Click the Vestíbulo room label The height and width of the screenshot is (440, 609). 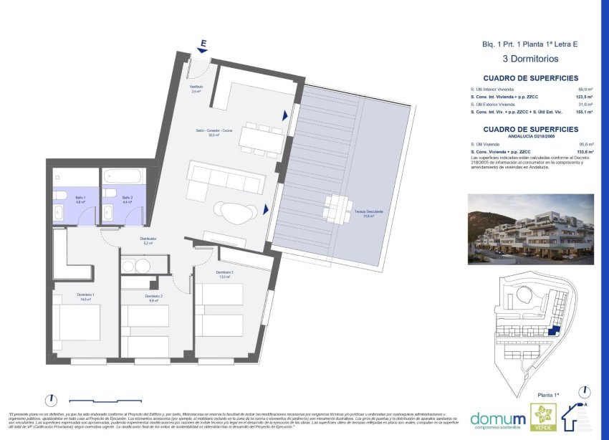point(196,89)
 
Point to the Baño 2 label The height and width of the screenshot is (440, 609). point(127,199)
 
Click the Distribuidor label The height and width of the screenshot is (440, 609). point(148,241)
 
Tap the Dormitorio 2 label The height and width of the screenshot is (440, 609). point(154,298)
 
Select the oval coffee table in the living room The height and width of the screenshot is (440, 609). point(236,211)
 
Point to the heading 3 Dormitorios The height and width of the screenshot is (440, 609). point(529,59)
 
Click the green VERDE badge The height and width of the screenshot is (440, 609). point(543,418)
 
